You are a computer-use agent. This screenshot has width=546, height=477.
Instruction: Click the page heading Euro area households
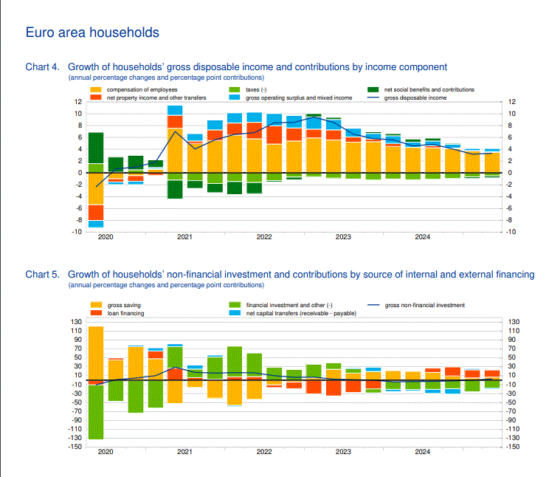point(92,33)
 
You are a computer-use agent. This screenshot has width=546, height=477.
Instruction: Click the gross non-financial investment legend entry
point(424,305)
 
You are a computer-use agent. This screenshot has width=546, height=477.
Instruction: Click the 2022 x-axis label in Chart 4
point(264,238)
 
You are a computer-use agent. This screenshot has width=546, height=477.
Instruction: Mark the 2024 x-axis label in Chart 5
point(423,451)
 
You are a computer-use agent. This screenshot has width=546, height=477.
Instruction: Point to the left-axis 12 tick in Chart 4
point(77,102)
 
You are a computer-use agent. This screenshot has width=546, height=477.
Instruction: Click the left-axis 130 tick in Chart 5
point(76,321)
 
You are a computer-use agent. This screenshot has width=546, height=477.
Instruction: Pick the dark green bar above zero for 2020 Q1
point(95,148)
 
